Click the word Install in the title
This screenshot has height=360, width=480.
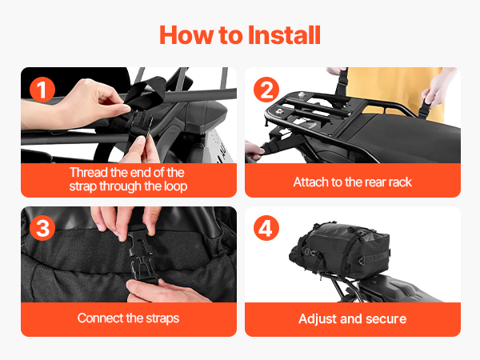point(284,35)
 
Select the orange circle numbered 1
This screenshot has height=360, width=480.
point(42,90)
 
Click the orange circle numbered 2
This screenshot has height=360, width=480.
point(266,90)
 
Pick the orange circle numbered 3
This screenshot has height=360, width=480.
point(42,228)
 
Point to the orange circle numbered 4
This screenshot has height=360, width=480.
point(266,228)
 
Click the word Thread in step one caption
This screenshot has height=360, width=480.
point(89,172)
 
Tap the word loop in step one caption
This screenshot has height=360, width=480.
point(175,186)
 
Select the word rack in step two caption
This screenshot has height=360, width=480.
point(401,182)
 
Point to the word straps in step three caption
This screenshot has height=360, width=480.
point(162,318)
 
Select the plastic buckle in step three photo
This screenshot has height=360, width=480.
point(142,254)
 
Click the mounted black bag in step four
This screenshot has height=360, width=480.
point(340,250)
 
